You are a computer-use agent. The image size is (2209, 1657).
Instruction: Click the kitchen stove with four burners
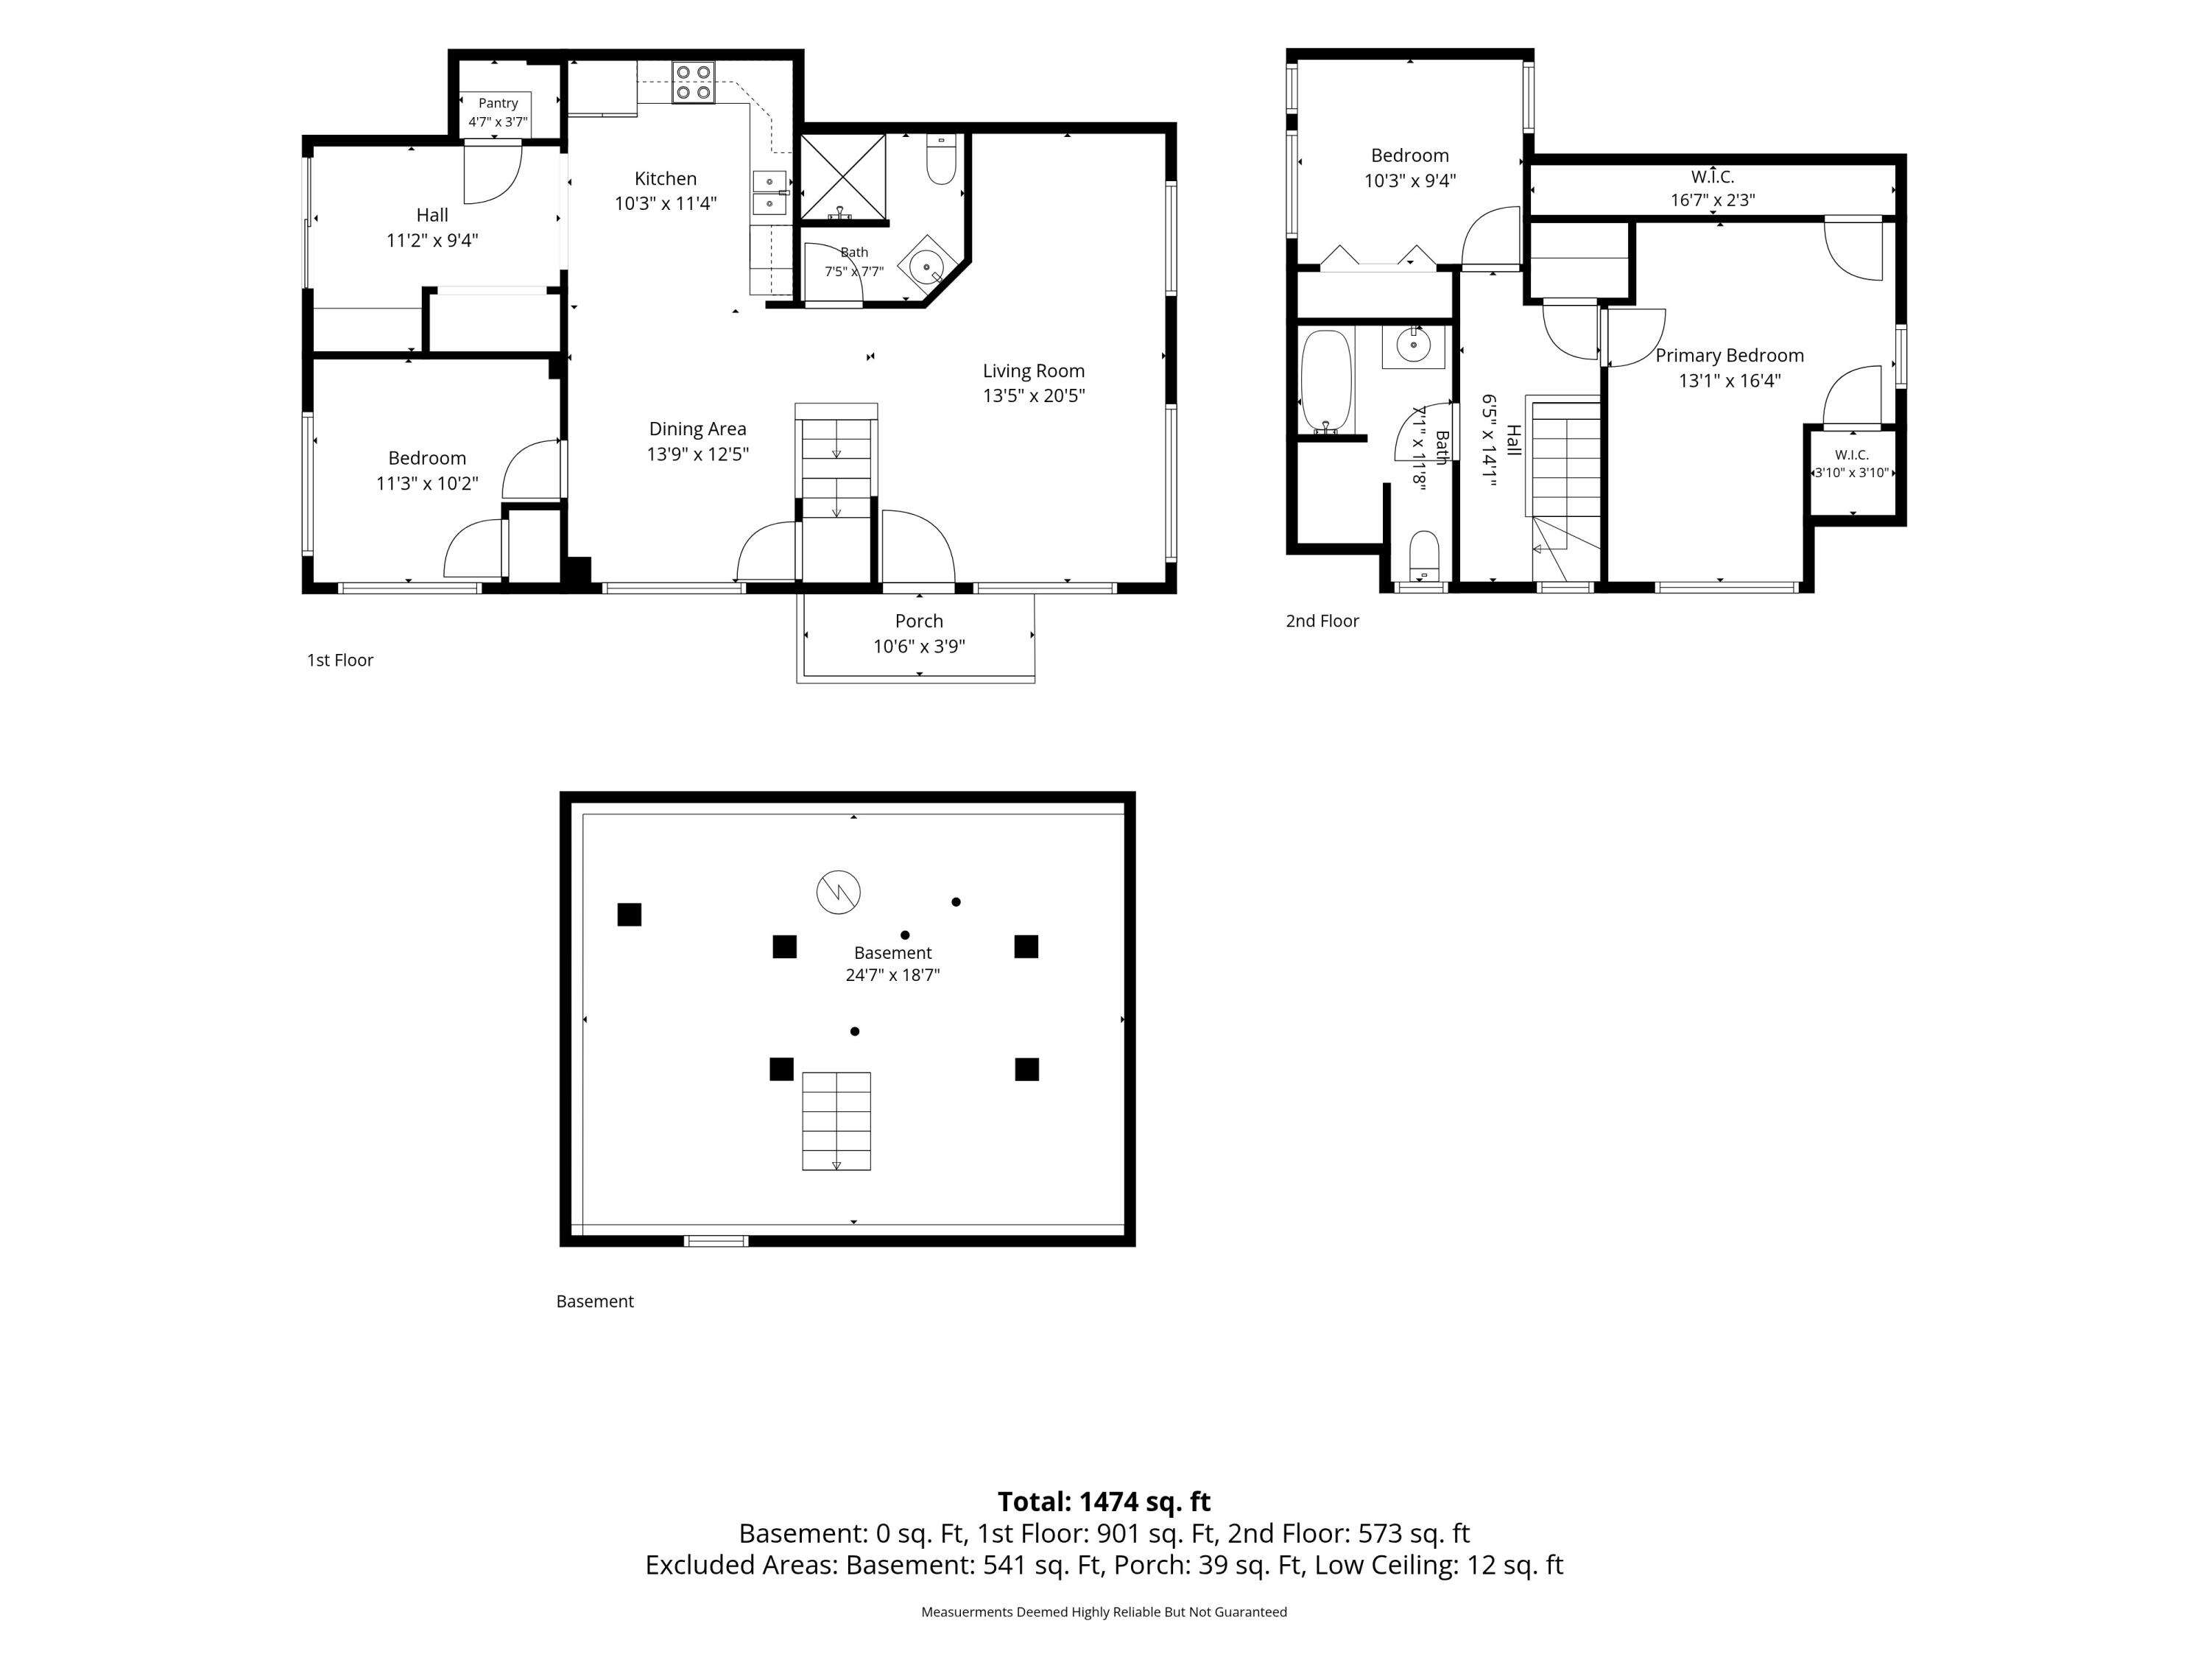click(693, 82)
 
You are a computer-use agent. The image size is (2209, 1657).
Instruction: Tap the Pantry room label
click(497, 103)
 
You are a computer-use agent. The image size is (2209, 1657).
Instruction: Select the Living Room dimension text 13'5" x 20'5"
click(1034, 395)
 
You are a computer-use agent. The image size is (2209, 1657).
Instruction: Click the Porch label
click(919, 622)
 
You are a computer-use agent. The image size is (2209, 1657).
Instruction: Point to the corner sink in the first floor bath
click(927, 267)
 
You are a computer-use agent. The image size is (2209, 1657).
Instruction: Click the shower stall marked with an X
click(843, 177)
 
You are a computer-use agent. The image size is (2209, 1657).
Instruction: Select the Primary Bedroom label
click(1730, 356)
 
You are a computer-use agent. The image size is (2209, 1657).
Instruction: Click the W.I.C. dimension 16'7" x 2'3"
click(1713, 200)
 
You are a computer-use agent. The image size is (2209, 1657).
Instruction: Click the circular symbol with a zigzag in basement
click(838, 891)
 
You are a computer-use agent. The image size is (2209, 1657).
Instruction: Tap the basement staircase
click(837, 1121)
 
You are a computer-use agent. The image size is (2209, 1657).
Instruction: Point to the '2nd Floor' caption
click(1322, 622)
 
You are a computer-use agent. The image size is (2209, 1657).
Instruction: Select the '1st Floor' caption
click(339, 660)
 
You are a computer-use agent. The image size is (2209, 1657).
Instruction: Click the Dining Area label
click(697, 429)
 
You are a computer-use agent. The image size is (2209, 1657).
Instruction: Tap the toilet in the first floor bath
click(942, 159)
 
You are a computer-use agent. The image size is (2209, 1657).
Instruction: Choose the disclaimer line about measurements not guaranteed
click(1104, 1611)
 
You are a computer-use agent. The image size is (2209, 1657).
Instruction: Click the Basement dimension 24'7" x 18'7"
click(892, 975)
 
